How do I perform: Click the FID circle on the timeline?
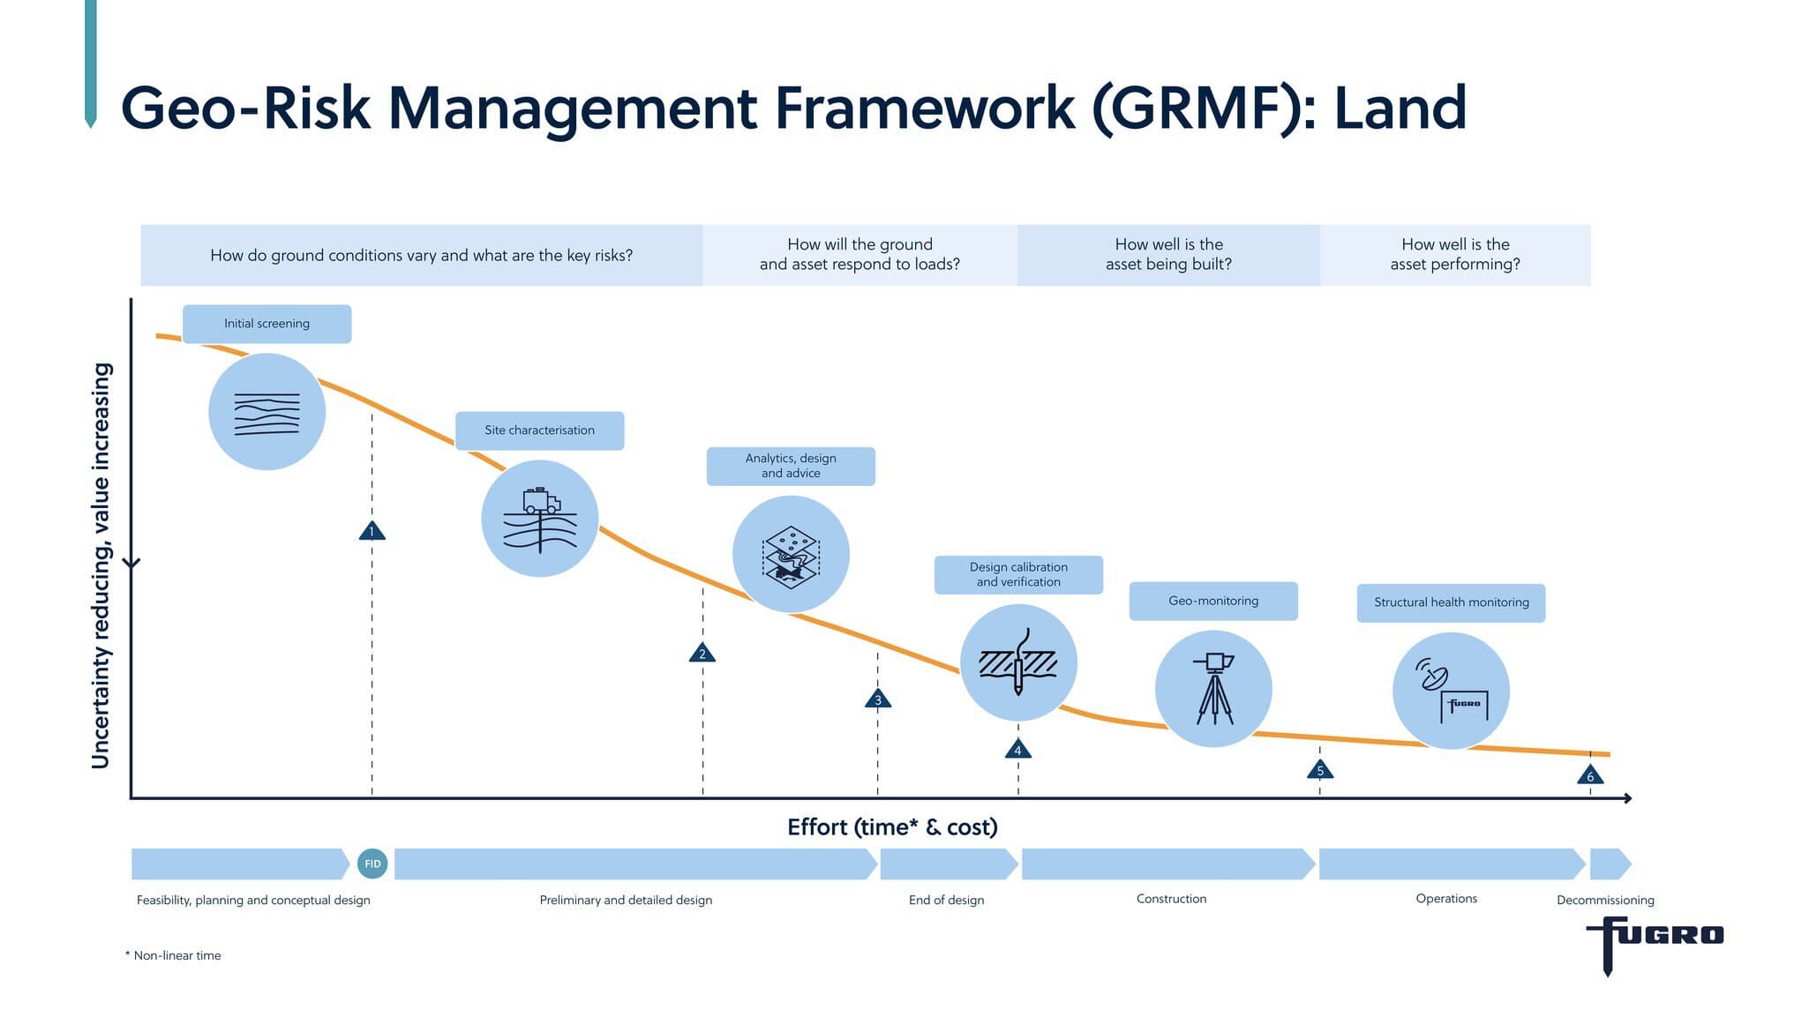pos(372,864)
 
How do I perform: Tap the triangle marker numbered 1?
pos(372,531)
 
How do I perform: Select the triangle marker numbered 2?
pos(702,654)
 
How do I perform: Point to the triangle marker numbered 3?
pos(878,699)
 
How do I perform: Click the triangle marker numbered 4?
pos(1018,750)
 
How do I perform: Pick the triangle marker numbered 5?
pos(1320,770)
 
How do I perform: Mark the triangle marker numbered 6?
pos(1590,776)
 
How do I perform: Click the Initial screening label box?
pos(266,324)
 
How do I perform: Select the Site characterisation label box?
pos(540,430)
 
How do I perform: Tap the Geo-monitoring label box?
pos(1213,601)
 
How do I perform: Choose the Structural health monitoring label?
pos(1452,602)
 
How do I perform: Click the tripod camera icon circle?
pos(1213,689)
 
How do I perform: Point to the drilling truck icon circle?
pos(540,519)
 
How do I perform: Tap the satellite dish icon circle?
pos(1452,691)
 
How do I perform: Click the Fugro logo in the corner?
pos(1655,945)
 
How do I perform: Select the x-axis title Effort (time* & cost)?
pos(892,827)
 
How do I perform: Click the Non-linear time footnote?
pos(173,955)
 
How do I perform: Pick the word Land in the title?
pos(1400,108)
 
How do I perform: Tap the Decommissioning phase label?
pos(1605,900)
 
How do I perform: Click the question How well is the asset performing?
pos(1455,254)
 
